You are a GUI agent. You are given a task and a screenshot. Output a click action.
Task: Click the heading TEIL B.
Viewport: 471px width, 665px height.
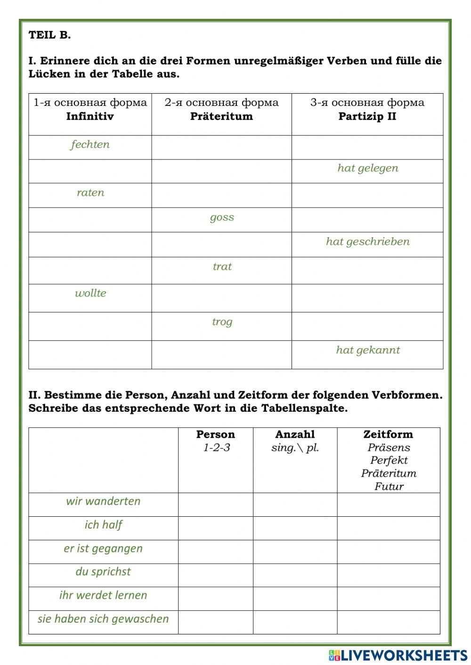[x=49, y=35]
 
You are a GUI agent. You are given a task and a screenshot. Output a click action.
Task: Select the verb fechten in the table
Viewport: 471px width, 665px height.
[x=90, y=144]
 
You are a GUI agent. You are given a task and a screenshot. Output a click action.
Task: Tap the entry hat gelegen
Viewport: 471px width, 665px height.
[x=367, y=168]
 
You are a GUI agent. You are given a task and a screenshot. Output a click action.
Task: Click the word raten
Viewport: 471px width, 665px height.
[x=90, y=192]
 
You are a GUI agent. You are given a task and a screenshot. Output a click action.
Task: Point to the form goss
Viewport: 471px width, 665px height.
[x=222, y=217]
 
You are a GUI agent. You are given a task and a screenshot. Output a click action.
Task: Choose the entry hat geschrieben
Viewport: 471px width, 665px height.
[x=367, y=241]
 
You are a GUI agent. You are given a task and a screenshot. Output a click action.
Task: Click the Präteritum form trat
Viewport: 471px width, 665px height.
[x=222, y=267]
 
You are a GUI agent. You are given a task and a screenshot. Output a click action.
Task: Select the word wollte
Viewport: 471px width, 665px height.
[x=90, y=293]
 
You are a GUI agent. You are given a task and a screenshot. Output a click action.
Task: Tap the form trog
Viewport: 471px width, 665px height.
[x=222, y=322]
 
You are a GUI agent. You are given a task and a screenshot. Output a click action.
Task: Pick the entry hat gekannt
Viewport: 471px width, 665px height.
[x=367, y=350]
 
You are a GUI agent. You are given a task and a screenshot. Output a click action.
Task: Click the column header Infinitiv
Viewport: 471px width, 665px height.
[x=90, y=116]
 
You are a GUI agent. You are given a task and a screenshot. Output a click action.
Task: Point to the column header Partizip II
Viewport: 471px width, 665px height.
[x=367, y=116]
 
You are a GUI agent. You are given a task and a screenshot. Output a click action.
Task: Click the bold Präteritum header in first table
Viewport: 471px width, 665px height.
[x=221, y=116]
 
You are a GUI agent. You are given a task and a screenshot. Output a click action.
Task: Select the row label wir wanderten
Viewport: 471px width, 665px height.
[x=103, y=501]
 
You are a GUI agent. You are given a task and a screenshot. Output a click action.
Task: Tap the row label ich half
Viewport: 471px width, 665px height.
[x=103, y=525]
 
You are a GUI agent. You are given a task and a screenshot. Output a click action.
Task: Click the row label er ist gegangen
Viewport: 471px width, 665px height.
[x=103, y=548]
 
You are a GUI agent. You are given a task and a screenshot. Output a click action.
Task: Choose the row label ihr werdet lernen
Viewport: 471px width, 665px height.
[x=103, y=595]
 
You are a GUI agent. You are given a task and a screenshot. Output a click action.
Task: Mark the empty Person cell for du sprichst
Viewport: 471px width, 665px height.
[x=215, y=575]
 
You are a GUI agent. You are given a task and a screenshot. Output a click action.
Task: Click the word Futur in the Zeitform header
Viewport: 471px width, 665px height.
[x=389, y=486]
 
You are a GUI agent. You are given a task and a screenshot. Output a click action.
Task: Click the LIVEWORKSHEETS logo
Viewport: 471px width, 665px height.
[x=398, y=655]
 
